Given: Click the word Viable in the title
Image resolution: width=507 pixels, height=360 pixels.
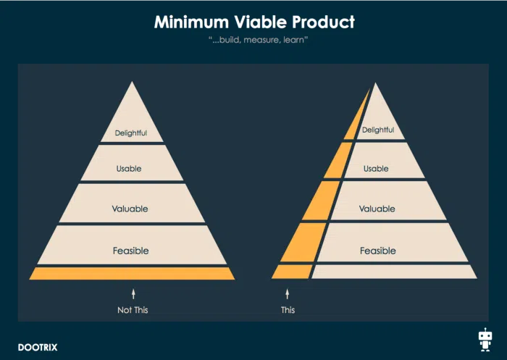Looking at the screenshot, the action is (x=260, y=22).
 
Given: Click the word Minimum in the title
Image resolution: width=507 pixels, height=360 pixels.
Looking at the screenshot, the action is (x=191, y=22).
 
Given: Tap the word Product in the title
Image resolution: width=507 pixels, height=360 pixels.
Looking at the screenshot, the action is (x=323, y=22).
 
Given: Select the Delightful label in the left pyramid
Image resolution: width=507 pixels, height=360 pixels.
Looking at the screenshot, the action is (x=131, y=133).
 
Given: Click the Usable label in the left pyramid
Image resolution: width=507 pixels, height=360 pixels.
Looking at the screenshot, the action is (x=129, y=169).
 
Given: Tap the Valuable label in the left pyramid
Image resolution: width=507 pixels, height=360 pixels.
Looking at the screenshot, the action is (x=130, y=209).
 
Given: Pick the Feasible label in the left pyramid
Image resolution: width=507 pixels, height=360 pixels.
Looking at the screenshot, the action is (x=131, y=251).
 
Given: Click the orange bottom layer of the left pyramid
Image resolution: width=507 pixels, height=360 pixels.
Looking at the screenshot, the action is (x=132, y=273).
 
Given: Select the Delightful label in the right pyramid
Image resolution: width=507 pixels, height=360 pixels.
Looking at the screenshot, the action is (x=378, y=130).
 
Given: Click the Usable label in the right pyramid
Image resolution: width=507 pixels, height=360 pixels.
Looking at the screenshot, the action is (x=376, y=169).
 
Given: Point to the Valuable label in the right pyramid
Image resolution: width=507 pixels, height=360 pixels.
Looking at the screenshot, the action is (x=377, y=209).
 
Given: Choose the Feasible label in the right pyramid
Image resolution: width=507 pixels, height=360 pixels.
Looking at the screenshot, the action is (x=378, y=251).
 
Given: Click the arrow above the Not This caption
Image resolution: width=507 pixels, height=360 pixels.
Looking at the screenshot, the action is (x=133, y=294).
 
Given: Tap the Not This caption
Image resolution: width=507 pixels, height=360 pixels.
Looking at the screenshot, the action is (x=133, y=310).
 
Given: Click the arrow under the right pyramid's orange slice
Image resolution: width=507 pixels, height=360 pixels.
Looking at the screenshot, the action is (x=287, y=294).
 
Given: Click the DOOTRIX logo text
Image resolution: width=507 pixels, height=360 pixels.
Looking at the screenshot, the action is (x=38, y=348).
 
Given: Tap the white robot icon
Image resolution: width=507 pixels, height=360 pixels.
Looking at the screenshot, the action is (x=485, y=340).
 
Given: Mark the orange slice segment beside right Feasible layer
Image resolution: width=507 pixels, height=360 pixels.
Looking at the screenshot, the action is (x=304, y=242).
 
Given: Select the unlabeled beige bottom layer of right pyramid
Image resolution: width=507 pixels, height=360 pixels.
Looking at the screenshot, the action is (x=394, y=272).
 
